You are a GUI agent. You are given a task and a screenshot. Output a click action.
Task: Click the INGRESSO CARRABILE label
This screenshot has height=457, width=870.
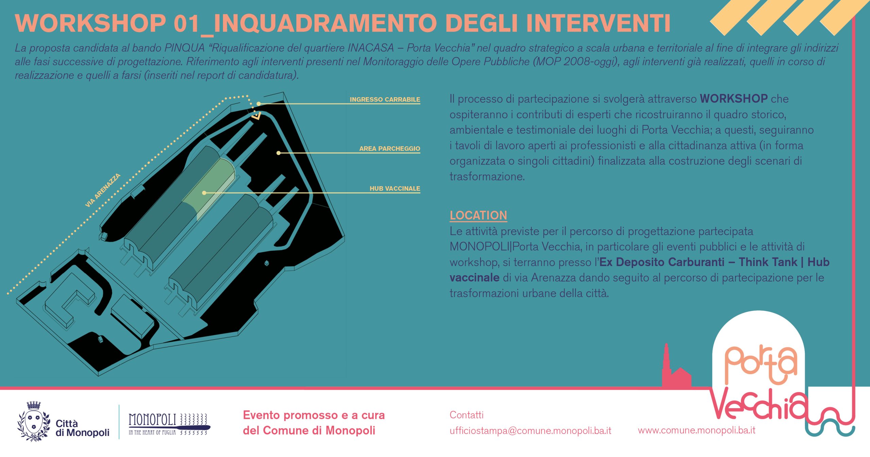point(385,99)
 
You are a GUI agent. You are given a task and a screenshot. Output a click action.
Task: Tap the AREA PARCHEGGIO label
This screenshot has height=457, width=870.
point(389,148)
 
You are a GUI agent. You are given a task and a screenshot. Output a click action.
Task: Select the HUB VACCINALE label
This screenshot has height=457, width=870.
point(395,188)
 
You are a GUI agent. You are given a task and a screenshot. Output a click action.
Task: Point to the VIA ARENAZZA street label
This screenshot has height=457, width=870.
point(103,190)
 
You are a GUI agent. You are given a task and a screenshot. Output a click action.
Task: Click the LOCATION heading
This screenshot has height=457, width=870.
point(478,215)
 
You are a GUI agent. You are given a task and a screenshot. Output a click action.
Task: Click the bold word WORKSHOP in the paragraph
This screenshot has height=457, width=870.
point(733,99)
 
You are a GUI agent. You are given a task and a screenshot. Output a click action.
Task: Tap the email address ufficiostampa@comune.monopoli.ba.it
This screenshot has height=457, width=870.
point(530,430)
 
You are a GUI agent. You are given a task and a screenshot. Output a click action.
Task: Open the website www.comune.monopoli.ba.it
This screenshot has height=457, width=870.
point(696,430)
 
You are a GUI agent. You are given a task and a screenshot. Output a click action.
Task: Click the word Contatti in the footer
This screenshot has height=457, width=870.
point(466,415)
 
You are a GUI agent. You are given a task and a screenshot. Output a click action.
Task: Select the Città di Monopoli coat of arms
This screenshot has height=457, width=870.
point(34,421)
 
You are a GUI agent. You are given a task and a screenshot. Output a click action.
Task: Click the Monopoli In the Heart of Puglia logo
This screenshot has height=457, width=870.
point(169,423)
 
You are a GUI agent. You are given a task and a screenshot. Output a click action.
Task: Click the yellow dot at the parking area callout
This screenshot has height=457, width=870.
point(278,153)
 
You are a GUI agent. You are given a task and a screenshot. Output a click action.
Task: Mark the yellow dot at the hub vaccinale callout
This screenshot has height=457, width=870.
point(204,193)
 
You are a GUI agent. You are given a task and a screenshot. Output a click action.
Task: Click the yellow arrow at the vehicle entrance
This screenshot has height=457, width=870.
point(256,116)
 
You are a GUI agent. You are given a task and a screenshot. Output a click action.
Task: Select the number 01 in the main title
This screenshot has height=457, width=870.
point(187,23)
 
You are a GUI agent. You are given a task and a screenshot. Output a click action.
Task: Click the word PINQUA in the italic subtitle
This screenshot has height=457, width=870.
point(185,48)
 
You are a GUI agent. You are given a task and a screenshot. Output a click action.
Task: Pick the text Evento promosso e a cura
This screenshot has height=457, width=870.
point(314,415)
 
